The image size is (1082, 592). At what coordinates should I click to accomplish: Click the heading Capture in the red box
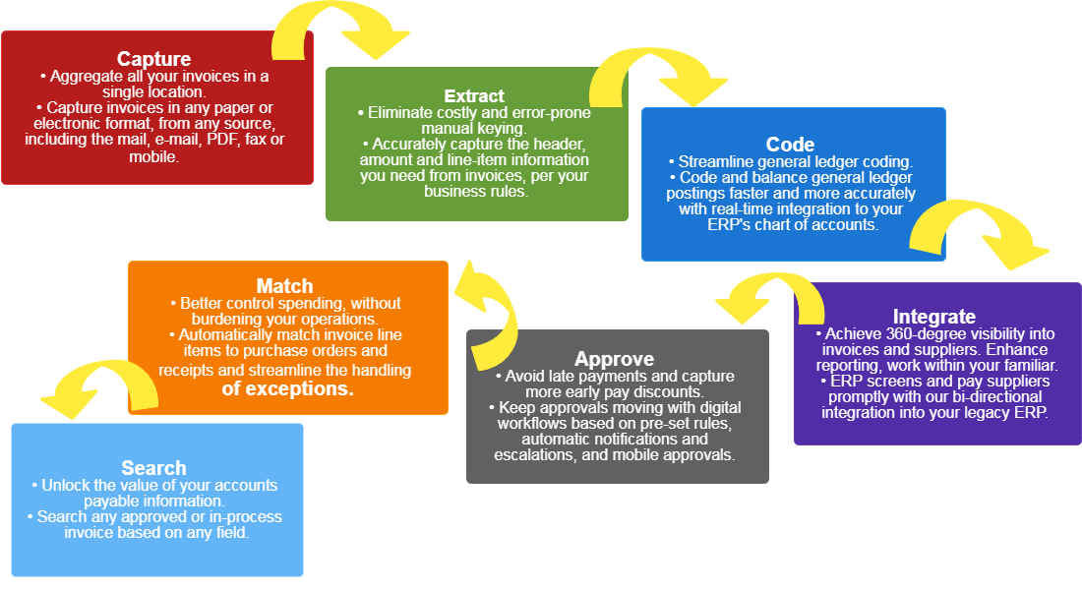[153, 60]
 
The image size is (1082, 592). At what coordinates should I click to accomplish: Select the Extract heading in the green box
[474, 96]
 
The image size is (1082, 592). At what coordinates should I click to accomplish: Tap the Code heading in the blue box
[791, 146]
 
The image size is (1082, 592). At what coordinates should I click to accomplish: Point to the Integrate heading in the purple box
[934, 317]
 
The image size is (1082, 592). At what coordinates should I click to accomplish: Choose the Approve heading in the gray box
[615, 359]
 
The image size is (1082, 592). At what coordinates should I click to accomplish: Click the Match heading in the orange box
[284, 286]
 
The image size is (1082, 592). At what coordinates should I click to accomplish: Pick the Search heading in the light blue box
[153, 468]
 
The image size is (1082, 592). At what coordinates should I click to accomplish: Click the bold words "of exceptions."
[287, 388]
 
